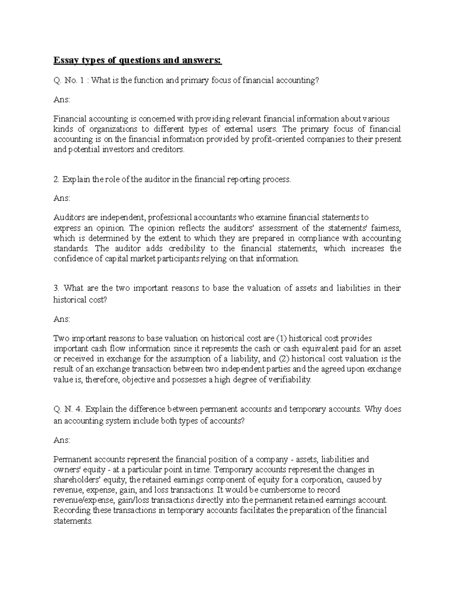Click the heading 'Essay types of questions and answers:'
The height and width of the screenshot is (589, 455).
click(x=137, y=60)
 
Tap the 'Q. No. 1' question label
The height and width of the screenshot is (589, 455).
click(x=67, y=80)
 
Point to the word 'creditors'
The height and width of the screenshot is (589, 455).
click(x=167, y=149)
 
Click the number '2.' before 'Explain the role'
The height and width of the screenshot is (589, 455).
click(x=56, y=179)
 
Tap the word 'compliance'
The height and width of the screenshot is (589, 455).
click(x=318, y=239)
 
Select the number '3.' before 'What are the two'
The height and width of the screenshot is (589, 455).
click(x=56, y=288)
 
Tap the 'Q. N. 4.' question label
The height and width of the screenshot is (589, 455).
click(x=68, y=409)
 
